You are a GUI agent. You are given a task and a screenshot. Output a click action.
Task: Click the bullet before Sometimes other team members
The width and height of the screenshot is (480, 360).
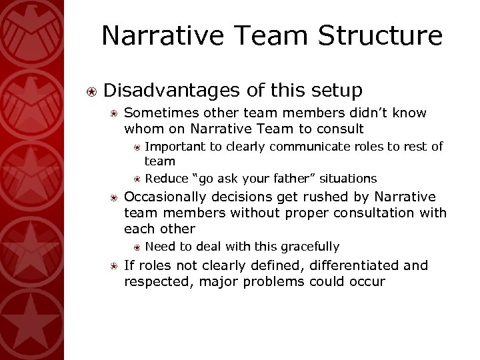click(114, 113)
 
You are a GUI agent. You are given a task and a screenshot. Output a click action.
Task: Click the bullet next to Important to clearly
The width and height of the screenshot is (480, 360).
click(136, 147)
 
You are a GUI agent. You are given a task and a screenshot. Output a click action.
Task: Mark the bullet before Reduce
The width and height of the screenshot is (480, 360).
click(136, 178)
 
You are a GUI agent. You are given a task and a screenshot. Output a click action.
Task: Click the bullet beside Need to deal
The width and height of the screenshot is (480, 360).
click(136, 246)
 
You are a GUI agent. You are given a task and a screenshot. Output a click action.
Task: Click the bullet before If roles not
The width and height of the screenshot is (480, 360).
click(114, 266)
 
